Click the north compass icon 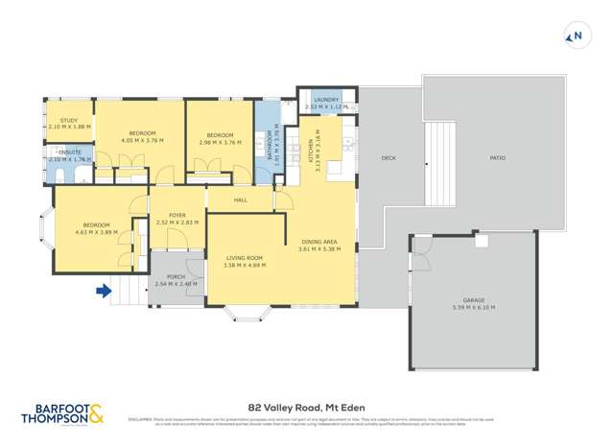tap(576, 37)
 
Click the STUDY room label tap(56, 120)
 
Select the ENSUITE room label tap(69, 153)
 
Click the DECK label tap(389, 158)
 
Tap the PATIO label tap(497, 158)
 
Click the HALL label tap(241, 200)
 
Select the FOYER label tap(177, 215)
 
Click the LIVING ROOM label tap(245, 258)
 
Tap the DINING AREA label tap(319, 242)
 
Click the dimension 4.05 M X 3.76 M tap(142, 141)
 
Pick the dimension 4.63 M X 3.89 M tap(95, 231)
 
